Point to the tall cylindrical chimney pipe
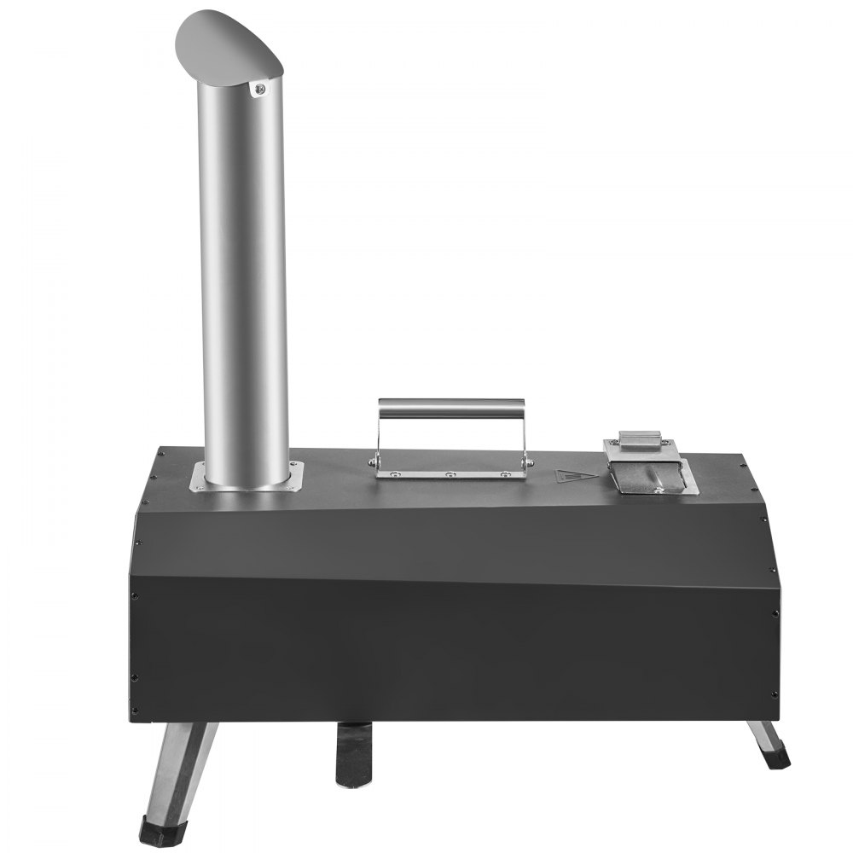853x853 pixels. point(244,281)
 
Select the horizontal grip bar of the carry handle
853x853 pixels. point(451,407)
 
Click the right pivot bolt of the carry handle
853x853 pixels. point(530,461)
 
